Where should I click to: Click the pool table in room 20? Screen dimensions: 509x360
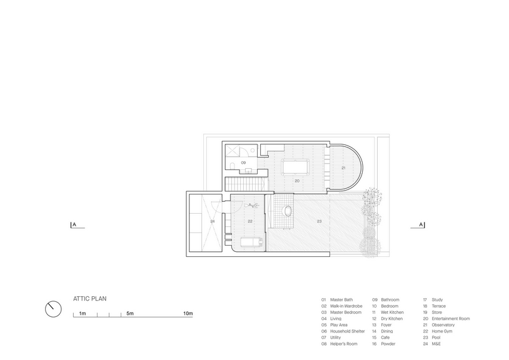[x=294, y=167]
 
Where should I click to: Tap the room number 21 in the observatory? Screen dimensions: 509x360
[x=343, y=168]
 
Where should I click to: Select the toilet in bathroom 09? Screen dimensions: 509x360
[x=231, y=166]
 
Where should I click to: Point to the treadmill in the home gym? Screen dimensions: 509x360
[x=252, y=242]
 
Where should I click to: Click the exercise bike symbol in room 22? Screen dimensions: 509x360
[x=251, y=205]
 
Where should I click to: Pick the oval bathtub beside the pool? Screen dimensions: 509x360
[x=288, y=211]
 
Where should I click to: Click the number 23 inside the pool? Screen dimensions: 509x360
[x=319, y=221]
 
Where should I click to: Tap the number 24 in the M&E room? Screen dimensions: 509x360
[x=213, y=221]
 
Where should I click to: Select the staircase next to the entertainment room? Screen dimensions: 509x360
[x=247, y=184]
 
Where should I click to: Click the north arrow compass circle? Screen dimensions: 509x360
[x=53, y=309]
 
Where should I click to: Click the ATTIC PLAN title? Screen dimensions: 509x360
[x=89, y=299]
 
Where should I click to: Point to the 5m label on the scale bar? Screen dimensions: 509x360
[x=130, y=313]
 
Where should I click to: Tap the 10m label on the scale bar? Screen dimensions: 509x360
[x=188, y=313]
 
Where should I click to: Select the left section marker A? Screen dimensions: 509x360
[x=74, y=224]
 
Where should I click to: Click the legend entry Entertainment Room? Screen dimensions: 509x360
[x=451, y=319]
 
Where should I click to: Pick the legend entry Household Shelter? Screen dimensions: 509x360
[x=347, y=331]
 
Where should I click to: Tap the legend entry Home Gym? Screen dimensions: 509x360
[x=442, y=331]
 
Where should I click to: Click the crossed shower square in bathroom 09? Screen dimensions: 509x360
[x=233, y=151]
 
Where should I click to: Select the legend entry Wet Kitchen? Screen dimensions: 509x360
[x=392, y=312]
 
